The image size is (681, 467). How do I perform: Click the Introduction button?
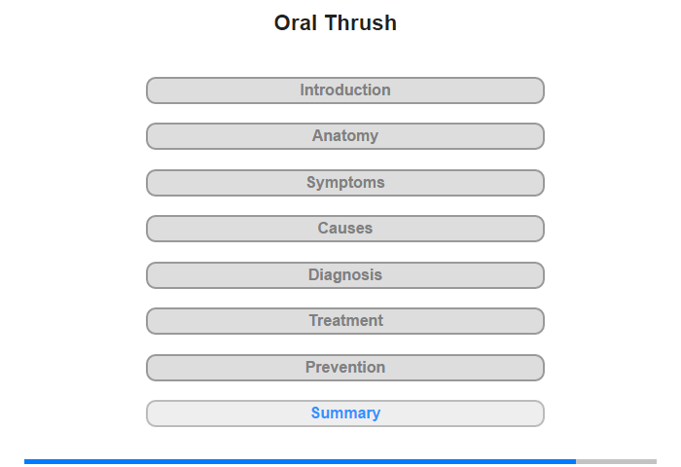344,90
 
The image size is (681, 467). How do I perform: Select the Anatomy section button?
344,136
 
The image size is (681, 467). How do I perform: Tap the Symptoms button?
344,183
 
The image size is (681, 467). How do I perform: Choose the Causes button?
344,229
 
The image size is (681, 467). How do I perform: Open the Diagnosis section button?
344,275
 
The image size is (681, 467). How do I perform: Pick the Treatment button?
344,321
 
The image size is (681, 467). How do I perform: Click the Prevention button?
344,368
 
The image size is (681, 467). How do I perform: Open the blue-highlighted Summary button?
344,413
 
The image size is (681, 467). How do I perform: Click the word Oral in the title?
296,22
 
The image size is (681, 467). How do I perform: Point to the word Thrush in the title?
361,22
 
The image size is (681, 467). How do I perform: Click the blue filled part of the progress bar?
300,461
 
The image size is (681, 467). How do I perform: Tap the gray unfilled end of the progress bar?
616,461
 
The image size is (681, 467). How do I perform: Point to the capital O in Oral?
283,23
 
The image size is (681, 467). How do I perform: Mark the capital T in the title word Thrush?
333,23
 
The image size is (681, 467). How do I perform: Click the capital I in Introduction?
303,90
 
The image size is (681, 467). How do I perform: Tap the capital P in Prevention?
311,367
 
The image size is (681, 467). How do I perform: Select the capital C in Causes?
324,228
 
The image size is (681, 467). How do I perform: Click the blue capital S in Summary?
316,413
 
